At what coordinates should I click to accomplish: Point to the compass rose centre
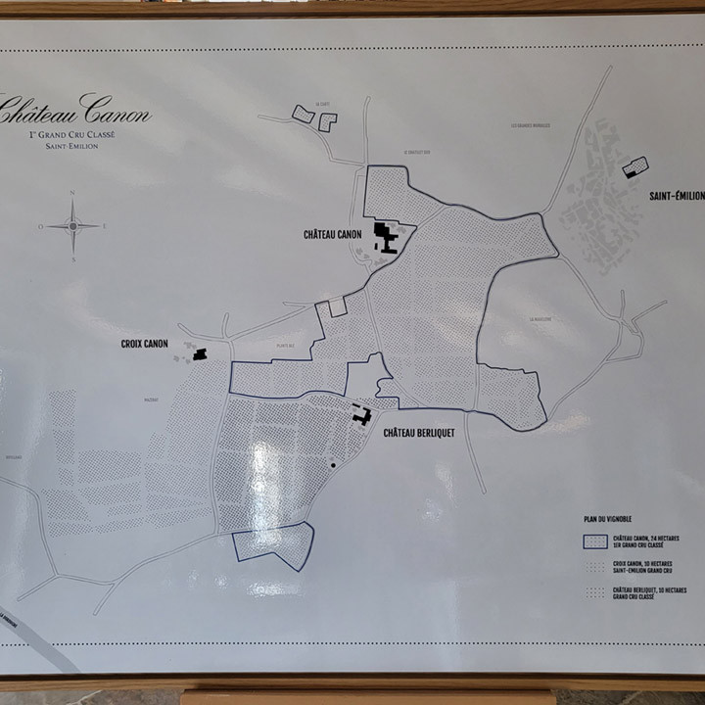72,226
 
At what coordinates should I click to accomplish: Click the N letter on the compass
72,193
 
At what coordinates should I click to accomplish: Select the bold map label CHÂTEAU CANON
332,234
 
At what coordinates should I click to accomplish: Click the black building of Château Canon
385,237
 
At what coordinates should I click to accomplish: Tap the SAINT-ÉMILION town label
676,196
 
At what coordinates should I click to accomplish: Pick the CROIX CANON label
144,344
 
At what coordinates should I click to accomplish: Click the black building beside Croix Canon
200,353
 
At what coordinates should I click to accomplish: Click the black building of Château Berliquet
361,414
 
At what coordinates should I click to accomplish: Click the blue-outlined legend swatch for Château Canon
594,541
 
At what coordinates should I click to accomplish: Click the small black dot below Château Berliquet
334,464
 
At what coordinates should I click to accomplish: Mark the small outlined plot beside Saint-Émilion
635,167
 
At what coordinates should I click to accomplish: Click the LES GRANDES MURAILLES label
529,125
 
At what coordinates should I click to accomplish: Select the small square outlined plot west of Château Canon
338,306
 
